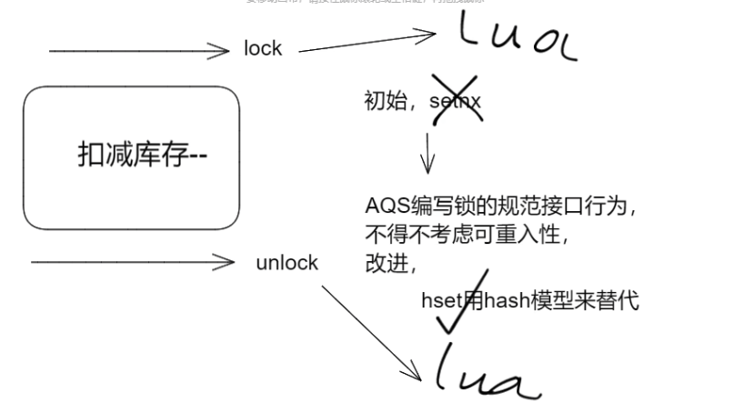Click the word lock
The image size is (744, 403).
(263, 49)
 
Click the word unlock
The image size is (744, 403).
(287, 263)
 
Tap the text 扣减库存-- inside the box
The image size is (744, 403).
(143, 156)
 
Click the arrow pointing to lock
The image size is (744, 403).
(136, 51)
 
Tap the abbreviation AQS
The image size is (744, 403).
(381, 206)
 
